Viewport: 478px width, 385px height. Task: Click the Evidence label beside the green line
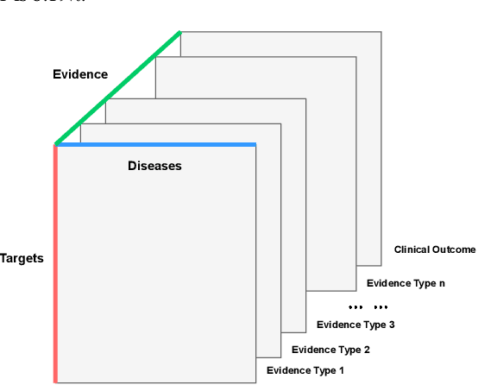click(80, 74)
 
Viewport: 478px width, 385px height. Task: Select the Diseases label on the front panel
click(154, 166)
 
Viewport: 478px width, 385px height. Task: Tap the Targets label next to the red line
click(22, 257)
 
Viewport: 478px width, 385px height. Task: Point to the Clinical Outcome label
click(435, 249)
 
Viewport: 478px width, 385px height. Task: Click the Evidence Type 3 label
click(355, 325)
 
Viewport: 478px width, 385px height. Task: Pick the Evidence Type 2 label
click(330, 350)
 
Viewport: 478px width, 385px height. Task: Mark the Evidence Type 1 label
click(305, 370)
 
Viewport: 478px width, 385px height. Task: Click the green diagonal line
click(117, 88)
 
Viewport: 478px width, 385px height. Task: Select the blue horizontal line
click(155, 144)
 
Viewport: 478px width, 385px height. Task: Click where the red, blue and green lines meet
click(55, 144)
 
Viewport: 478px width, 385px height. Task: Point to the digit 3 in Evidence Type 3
click(392, 325)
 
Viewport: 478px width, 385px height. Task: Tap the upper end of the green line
click(180, 33)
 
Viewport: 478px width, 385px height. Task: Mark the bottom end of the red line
click(55, 380)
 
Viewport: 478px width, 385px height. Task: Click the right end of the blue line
click(255, 144)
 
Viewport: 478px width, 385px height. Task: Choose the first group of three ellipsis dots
click(355, 306)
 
